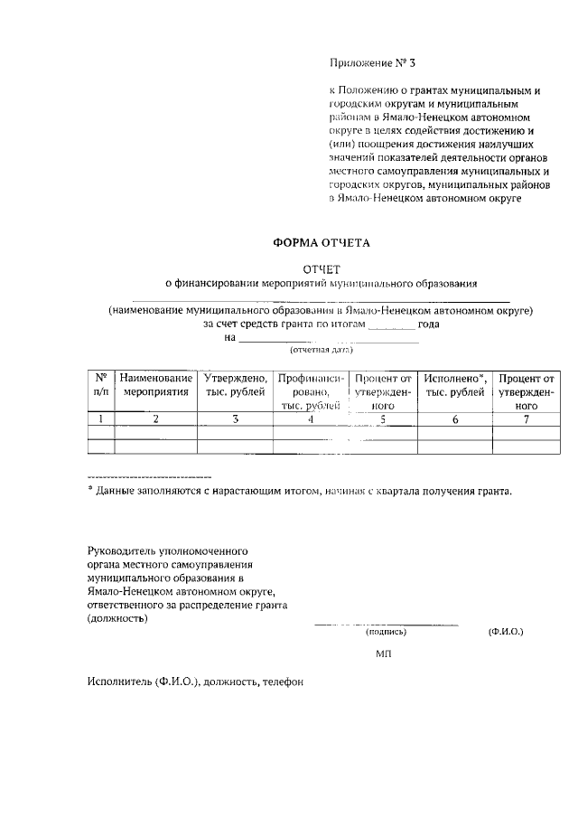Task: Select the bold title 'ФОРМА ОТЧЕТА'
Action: [322, 242]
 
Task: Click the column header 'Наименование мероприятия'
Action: [155, 385]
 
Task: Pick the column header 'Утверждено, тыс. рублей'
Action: [235, 385]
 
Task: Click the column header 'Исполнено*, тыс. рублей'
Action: [455, 385]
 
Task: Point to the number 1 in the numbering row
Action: [100, 418]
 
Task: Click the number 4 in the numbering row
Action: [310, 418]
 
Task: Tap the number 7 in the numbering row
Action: [526, 418]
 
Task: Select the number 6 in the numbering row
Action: [455, 418]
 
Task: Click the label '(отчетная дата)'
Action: [321, 349]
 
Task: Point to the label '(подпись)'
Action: [386, 633]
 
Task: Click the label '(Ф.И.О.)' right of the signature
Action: [504, 633]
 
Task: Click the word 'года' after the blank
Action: [429, 324]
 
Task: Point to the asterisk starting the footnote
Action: [90, 491]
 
